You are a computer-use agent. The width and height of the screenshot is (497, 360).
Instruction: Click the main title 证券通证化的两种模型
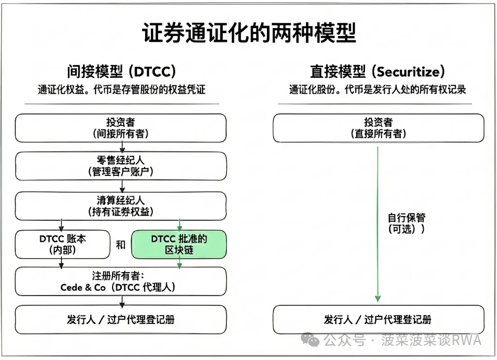[x=248, y=33]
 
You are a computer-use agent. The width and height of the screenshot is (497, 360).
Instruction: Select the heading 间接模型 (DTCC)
[x=121, y=72]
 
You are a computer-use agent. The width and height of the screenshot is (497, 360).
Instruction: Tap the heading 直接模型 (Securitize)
[x=378, y=72]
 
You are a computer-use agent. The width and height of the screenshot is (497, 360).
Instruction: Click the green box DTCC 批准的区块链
[x=179, y=244]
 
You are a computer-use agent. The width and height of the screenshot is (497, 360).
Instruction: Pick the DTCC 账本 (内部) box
[x=63, y=244]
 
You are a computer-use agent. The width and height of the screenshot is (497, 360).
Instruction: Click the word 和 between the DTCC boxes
[x=120, y=245]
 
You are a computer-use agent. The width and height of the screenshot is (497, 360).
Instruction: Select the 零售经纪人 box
[x=121, y=166]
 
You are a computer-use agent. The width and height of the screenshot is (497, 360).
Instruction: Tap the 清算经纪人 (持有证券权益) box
[x=121, y=206]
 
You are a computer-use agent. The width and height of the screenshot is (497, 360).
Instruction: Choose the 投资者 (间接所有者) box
[x=121, y=128]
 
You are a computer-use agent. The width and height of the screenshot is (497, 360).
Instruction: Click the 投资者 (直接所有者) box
[x=378, y=128]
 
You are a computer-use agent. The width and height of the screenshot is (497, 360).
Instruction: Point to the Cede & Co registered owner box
[x=121, y=281]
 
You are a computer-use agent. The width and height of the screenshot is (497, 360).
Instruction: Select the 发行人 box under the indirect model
[x=121, y=319]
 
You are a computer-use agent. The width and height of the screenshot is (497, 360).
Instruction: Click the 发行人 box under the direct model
[x=378, y=319]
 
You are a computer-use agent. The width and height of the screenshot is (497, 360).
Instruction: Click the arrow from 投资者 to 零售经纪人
[x=122, y=147]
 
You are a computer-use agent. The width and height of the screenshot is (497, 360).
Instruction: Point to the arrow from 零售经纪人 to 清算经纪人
[x=122, y=186]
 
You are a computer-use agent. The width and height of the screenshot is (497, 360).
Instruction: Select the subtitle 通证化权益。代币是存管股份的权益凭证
[x=121, y=90]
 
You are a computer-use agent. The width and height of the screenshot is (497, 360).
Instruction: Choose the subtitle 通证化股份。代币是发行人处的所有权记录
[x=378, y=90]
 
